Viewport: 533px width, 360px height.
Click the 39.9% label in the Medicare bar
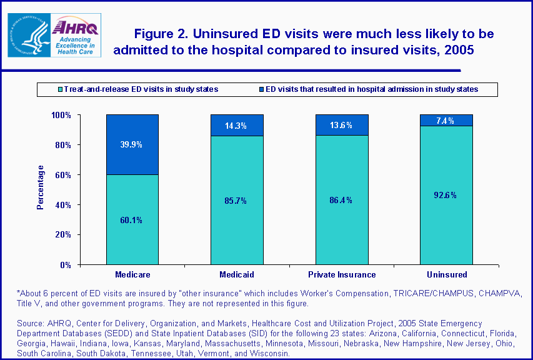pyautogui.click(x=132, y=144)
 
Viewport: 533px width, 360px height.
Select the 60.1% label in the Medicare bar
pyautogui.click(x=132, y=219)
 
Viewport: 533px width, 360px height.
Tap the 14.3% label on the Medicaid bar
pyautogui.click(x=237, y=126)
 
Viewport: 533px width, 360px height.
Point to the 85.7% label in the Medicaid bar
pyautogui.click(x=237, y=201)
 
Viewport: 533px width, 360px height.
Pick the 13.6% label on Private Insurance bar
pyautogui.click(x=342, y=125)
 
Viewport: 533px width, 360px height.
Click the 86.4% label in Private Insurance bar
pyautogui.click(x=342, y=200)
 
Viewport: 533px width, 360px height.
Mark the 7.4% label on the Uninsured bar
pyautogui.click(x=446, y=121)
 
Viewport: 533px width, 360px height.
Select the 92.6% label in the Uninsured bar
pyautogui.click(x=446, y=195)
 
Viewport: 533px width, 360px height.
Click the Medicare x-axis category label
pyautogui.click(x=132, y=274)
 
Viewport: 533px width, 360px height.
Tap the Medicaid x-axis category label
pyautogui.click(x=237, y=274)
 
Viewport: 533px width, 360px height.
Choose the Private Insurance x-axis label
pyautogui.click(x=342, y=274)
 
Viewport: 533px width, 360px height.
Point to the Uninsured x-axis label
pyautogui.click(x=447, y=274)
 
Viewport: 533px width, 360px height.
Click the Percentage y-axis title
pyautogui.click(x=41, y=187)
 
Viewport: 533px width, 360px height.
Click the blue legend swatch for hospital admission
pyautogui.click(x=261, y=89)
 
